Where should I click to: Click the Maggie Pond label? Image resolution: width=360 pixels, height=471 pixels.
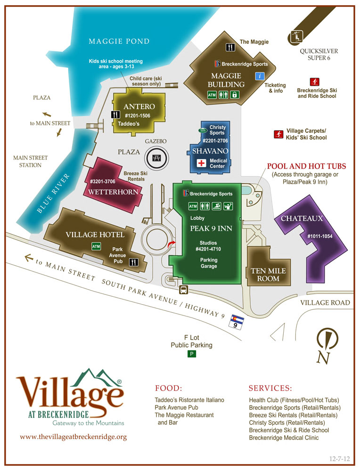tap(119, 41)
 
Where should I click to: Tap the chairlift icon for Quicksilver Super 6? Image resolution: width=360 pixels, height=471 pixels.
tap(297, 34)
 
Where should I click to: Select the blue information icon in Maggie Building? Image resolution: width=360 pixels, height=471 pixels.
tap(259, 76)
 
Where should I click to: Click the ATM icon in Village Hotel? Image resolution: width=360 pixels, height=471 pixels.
tap(96, 246)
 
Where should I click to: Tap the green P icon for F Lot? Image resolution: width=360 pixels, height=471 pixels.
tap(191, 354)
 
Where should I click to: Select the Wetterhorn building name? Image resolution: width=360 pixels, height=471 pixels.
tap(114, 192)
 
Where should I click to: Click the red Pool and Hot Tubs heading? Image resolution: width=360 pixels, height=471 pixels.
tap(306, 166)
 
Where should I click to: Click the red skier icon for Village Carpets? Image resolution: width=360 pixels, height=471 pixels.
tap(278, 134)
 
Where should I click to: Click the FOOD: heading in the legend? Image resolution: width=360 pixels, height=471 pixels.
tap(168, 389)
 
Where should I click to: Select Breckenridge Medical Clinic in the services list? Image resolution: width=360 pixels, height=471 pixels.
tap(284, 438)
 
